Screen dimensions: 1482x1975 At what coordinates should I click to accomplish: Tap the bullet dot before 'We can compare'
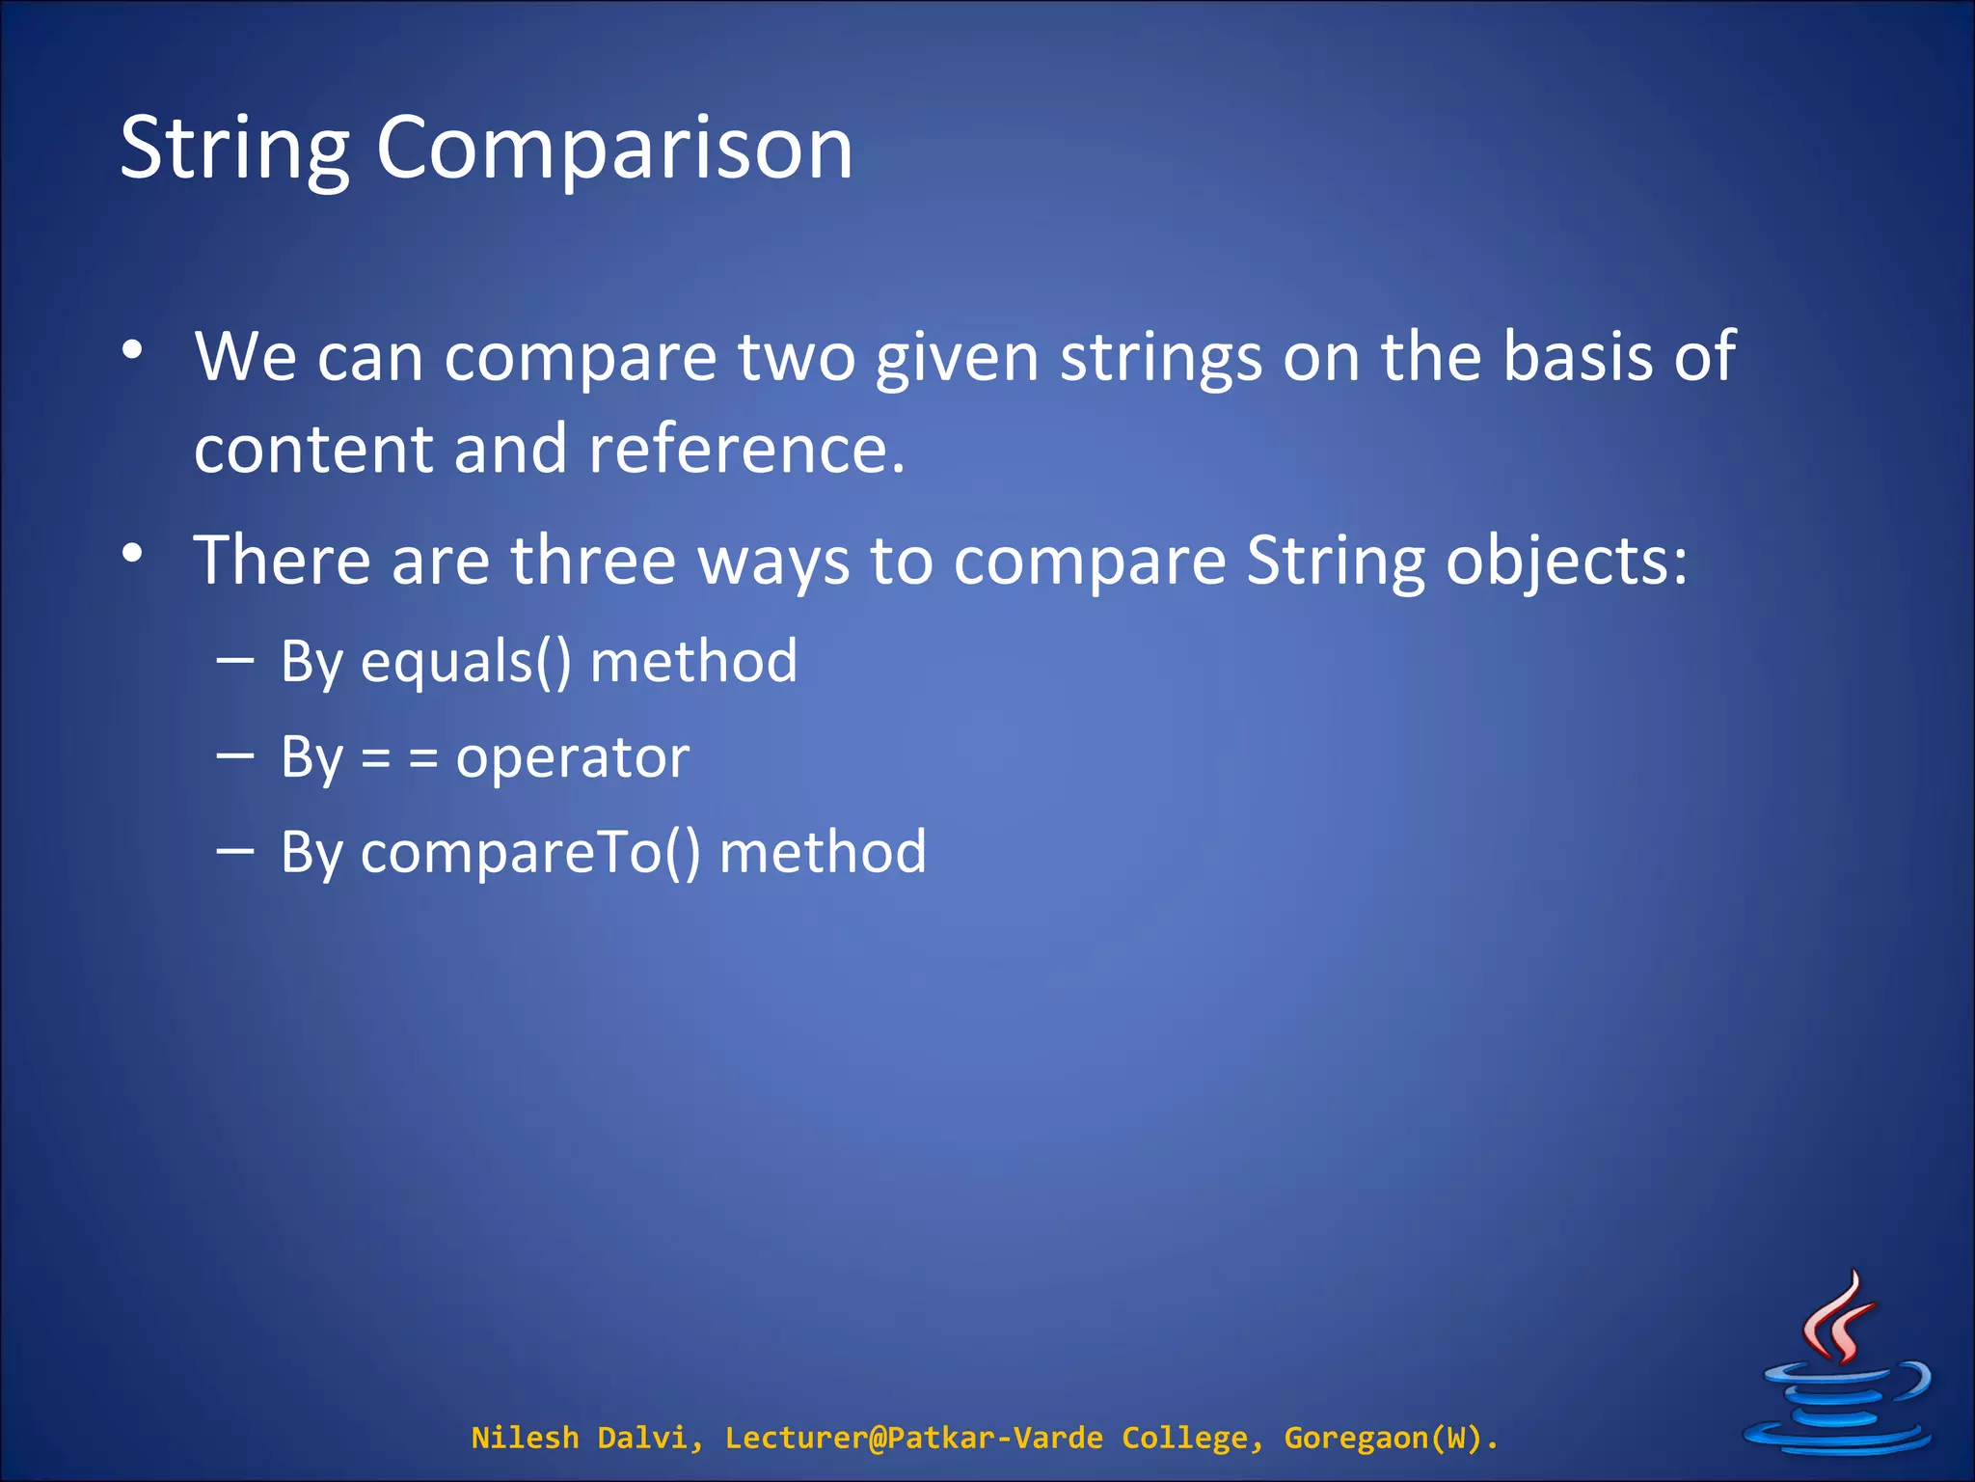coord(133,349)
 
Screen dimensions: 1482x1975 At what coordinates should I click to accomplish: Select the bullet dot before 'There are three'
coord(133,553)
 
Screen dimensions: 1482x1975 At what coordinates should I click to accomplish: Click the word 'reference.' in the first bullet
coord(746,450)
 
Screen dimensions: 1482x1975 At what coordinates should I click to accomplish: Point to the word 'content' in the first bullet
coord(313,450)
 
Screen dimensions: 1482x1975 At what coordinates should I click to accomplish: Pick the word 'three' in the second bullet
coord(592,561)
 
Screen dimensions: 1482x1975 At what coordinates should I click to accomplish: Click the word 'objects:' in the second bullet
coord(1566,563)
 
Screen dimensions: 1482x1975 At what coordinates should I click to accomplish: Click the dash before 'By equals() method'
coord(235,661)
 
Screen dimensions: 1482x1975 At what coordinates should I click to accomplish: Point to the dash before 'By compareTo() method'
coord(235,851)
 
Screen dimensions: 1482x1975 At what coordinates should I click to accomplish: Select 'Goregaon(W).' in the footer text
coord(1391,1438)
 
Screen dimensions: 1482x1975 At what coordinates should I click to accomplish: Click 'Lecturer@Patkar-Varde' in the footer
coord(913,1438)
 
